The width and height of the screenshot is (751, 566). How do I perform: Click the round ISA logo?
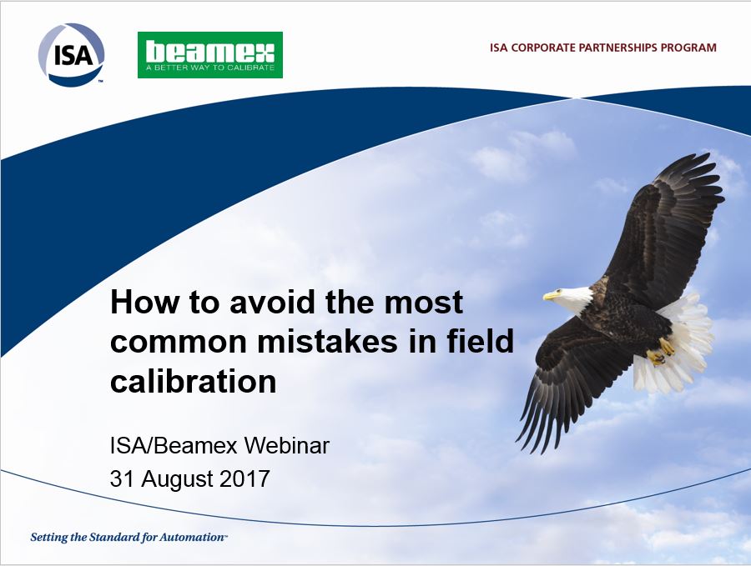[71, 55]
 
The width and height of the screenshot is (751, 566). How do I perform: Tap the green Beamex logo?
[210, 55]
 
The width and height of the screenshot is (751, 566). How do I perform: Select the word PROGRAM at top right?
[688, 48]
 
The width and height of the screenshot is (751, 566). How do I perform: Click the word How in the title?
[144, 303]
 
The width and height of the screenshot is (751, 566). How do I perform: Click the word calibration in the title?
[194, 381]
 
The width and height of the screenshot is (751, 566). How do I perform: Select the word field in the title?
[480, 341]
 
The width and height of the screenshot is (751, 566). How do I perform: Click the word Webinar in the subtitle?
[287, 445]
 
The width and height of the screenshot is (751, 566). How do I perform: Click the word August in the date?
[177, 479]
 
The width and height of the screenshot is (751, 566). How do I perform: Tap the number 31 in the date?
[123, 478]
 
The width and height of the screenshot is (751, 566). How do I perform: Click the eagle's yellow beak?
[551, 295]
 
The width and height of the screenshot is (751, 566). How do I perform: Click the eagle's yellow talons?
[661, 351]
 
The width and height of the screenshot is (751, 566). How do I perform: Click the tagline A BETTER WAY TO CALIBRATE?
[210, 68]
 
